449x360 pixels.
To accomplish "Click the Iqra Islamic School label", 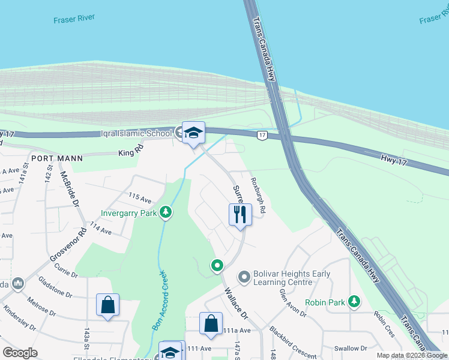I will (137, 133).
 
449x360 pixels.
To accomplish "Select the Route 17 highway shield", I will (262, 136).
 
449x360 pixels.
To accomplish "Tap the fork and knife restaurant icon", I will (240, 214).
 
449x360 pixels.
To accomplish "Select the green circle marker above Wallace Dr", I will (217, 265).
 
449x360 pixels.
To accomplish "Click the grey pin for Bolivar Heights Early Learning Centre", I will (244, 277).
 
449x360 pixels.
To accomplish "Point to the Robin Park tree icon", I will (355, 302).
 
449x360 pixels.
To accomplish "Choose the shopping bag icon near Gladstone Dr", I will (107, 304).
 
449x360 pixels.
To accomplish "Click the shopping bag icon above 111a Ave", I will (211, 323).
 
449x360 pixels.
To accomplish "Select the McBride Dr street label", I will (69, 190).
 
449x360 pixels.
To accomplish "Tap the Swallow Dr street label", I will (351, 348).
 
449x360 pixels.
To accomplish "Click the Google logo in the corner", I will (20, 353).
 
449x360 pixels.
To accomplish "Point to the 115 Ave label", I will (140, 196).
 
